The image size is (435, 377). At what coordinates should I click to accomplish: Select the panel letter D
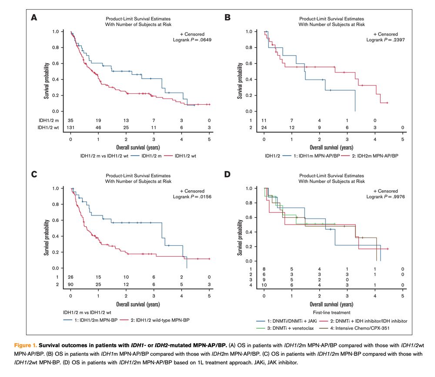(227, 175)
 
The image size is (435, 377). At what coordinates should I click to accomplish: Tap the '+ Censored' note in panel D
(386, 191)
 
